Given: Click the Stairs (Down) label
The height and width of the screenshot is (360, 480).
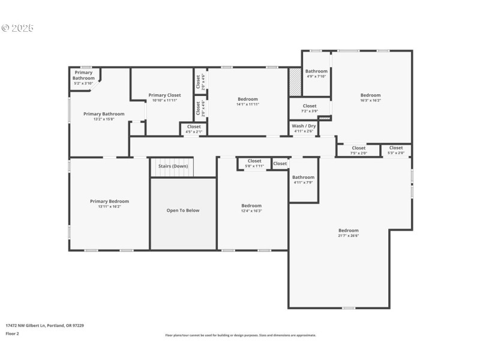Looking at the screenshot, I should point(173,166).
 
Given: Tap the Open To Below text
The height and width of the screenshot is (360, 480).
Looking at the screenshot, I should point(183,211).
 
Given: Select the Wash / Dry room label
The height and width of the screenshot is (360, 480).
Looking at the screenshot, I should point(303,126).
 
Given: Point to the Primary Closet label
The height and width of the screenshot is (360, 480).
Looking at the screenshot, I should point(164,95).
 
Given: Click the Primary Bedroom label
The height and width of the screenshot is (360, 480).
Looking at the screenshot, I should point(109,202).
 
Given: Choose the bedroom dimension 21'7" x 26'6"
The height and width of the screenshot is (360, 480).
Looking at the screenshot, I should point(348,235).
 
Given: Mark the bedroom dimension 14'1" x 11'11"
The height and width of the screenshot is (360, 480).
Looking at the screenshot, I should point(247,104).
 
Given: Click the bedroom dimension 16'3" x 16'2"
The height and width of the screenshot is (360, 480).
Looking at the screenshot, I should point(370,100).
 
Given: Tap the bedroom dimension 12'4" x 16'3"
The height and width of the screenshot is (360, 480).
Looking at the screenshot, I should point(251,211).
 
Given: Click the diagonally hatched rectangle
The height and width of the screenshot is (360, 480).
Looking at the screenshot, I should point(294,82).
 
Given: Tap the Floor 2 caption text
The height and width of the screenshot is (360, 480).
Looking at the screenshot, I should point(13,333).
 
